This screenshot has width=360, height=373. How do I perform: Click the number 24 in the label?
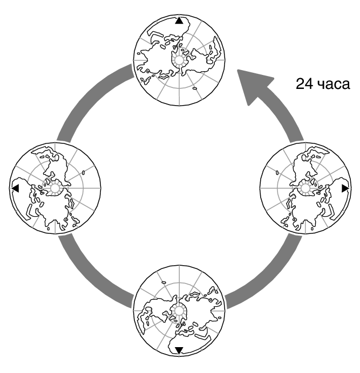point(303,84)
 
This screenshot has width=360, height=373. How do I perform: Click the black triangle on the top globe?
point(179,21)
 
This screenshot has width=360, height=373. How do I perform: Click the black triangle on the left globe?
point(15,188)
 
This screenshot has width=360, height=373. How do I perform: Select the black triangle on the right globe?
point(345,188)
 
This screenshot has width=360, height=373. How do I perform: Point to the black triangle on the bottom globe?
point(179,350)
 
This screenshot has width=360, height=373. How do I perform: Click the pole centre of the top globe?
point(178,60)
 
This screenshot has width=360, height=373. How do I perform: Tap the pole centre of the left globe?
point(55,188)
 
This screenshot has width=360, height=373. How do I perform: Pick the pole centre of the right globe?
point(305,188)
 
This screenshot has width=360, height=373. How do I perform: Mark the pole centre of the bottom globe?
point(179,309)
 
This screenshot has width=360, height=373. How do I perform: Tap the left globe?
point(56,188)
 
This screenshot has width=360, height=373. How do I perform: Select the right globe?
point(305,188)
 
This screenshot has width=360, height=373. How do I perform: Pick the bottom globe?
point(179,310)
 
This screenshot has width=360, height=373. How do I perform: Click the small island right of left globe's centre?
point(84,172)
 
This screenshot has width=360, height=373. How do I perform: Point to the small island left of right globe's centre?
point(276,173)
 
